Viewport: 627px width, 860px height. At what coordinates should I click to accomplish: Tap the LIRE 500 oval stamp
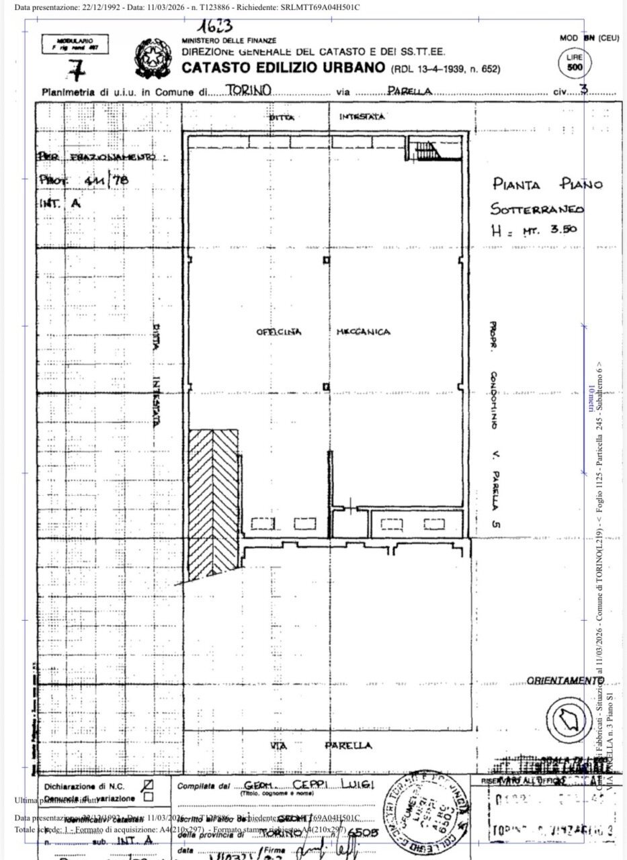click(x=575, y=64)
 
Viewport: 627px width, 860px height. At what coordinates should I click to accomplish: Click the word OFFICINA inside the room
click(x=279, y=332)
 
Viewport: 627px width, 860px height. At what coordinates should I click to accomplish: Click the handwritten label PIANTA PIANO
click(x=548, y=184)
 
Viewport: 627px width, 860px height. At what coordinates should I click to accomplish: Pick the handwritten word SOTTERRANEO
click(x=538, y=208)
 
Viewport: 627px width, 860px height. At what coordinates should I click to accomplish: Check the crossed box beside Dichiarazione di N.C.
click(x=149, y=784)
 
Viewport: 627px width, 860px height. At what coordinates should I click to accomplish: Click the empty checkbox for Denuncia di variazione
click(x=149, y=798)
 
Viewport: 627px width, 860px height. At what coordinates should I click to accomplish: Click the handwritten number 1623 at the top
click(x=216, y=27)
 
